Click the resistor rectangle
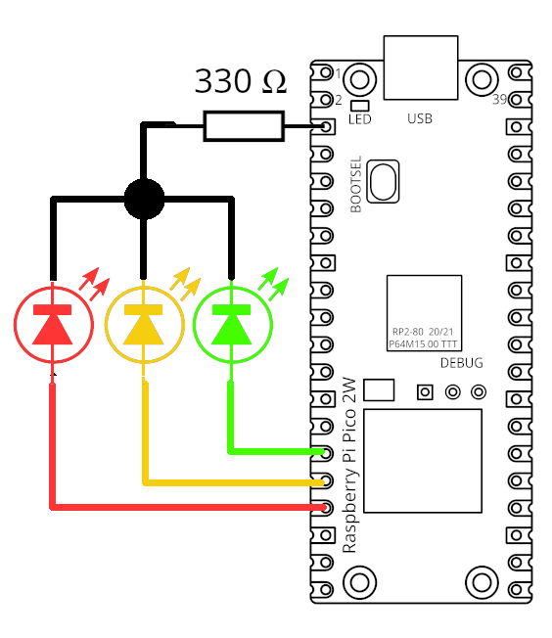click(x=244, y=126)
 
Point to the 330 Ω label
click(x=241, y=81)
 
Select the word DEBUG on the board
click(x=461, y=363)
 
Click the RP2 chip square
click(x=423, y=312)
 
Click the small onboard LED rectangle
click(x=359, y=106)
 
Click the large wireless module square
click(x=424, y=461)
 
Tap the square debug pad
click(x=425, y=392)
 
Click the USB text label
click(x=420, y=119)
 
